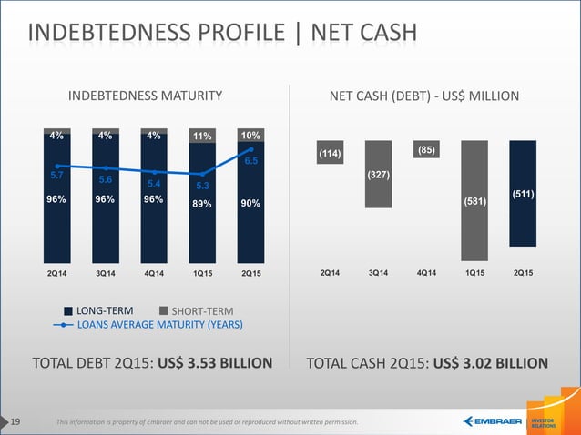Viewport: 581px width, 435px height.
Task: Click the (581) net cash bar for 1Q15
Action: [474, 199]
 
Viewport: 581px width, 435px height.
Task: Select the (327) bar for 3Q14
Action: [379, 174]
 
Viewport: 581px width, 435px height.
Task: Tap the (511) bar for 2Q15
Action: [523, 193]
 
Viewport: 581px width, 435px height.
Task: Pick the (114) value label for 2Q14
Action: [330, 155]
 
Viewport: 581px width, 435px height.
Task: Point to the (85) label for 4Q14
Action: [426, 149]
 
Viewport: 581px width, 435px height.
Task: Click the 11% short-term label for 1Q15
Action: [202, 137]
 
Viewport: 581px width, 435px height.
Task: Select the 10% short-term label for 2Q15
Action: [250, 135]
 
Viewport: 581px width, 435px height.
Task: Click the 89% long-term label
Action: [202, 204]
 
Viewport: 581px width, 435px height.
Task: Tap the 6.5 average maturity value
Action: [251, 160]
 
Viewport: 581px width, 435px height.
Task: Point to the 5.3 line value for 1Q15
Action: [202, 186]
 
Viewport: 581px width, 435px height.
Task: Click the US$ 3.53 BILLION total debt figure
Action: [214, 364]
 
